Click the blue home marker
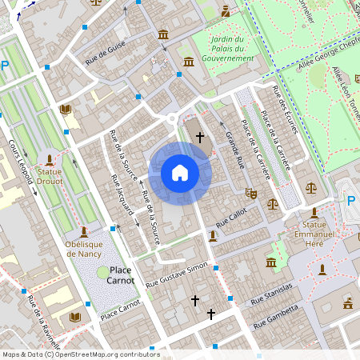click(180, 172)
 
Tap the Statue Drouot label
click(50, 175)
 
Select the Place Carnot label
click(121, 275)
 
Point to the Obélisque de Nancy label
click(89, 250)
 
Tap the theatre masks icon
click(251, 193)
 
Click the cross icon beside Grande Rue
click(200, 138)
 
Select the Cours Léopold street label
click(20, 161)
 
